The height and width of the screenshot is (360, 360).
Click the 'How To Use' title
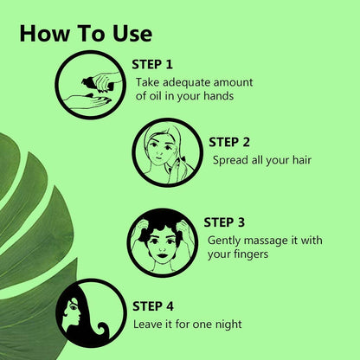(x=86, y=34)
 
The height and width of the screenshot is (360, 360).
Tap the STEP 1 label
(x=152, y=64)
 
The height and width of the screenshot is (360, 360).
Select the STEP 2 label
(x=229, y=142)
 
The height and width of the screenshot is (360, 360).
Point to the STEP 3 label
(x=224, y=222)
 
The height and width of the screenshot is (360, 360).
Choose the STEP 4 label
(x=153, y=306)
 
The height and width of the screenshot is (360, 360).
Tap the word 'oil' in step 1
(x=156, y=95)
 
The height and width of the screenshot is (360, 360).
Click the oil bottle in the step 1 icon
(x=93, y=82)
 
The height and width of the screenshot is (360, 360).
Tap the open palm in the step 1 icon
(x=87, y=101)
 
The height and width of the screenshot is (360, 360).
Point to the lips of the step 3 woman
(x=163, y=255)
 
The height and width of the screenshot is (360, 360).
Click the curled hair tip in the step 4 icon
(x=103, y=329)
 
